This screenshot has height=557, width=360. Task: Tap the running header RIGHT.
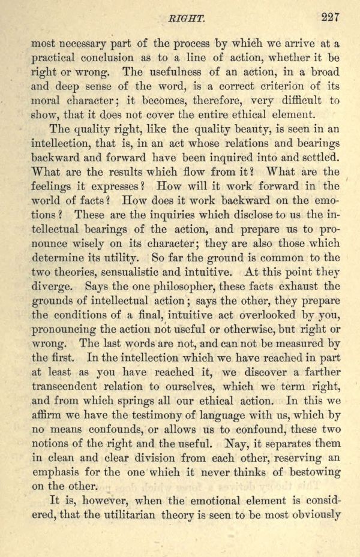[181, 19]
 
